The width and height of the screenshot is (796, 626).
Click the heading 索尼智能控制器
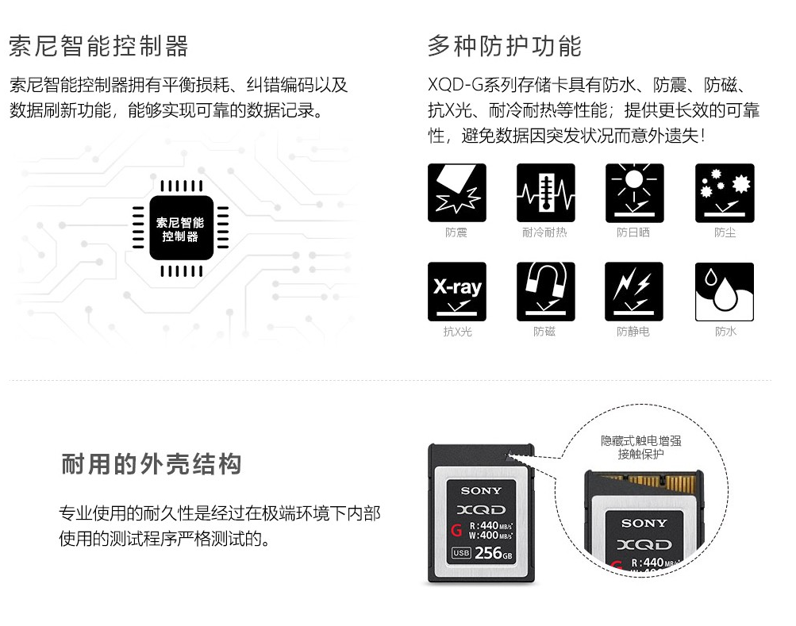(x=98, y=46)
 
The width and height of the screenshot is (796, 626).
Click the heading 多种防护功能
(x=504, y=46)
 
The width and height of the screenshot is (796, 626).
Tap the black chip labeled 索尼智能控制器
(x=181, y=228)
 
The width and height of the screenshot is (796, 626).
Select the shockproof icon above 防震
(x=457, y=193)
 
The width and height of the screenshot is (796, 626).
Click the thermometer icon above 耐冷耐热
(x=546, y=193)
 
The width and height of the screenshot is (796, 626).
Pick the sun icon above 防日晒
(x=635, y=193)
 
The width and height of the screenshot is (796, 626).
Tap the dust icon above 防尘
(x=725, y=193)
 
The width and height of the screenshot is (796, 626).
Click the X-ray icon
(x=457, y=291)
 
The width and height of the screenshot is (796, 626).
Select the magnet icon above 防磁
(x=546, y=291)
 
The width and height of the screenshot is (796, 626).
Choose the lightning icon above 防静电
(x=634, y=291)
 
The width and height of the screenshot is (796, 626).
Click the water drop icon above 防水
(x=725, y=291)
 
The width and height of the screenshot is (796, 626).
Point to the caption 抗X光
(x=457, y=332)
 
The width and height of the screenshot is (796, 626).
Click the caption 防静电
(x=633, y=332)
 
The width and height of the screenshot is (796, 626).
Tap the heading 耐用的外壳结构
(x=152, y=464)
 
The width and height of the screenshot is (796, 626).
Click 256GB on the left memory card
(x=494, y=553)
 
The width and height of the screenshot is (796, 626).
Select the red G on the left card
(x=456, y=531)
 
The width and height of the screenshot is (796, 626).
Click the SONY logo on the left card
(x=481, y=491)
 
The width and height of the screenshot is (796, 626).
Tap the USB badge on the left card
(x=461, y=553)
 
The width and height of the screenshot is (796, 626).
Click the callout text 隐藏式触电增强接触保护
(x=640, y=447)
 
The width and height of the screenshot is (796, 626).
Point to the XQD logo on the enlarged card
(x=644, y=545)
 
